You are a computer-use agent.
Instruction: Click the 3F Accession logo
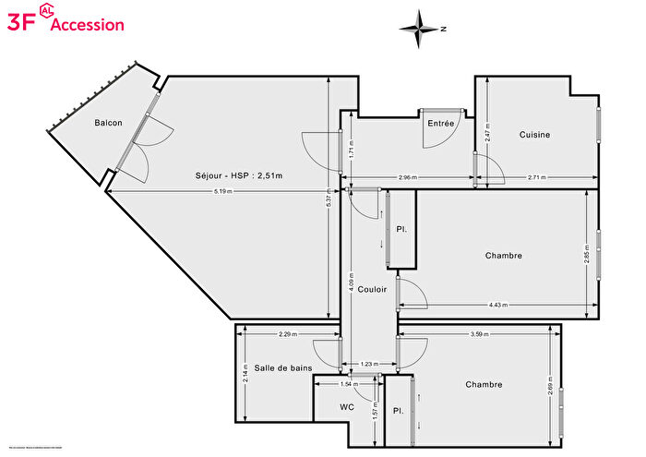click(65, 23)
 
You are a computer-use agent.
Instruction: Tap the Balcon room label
click(108, 123)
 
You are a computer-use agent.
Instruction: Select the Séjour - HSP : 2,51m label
click(238, 175)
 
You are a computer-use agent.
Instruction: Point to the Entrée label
click(440, 124)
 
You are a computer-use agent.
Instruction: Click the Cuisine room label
click(534, 135)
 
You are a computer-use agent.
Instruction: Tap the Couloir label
click(372, 289)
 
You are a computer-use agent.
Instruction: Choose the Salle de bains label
click(283, 368)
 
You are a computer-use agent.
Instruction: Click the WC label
click(346, 406)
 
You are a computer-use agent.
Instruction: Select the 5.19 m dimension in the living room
click(222, 192)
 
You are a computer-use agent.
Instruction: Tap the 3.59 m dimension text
click(477, 334)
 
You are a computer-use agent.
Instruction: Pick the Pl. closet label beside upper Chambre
click(401, 229)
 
